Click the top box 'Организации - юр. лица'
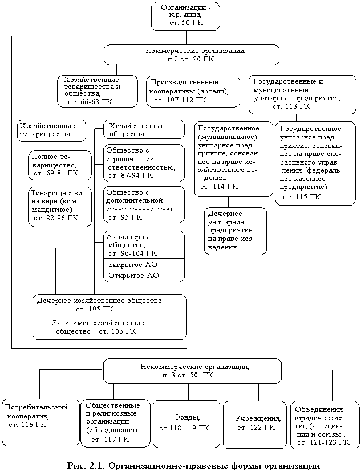[x=185, y=16]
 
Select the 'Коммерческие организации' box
[x=191, y=55]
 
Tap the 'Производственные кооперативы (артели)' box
[x=193, y=91]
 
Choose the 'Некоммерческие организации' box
[x=194, y=371]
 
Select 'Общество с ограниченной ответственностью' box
[x=144, y=163]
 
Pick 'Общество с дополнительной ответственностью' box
[x=144, y=205]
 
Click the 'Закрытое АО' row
[x=144, y=265]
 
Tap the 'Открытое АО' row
[x=144, y=276]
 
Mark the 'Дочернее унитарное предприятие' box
[x=235, y=231]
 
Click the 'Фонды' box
[x=185, y=423]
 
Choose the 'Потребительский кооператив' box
[x=40, y=423]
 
